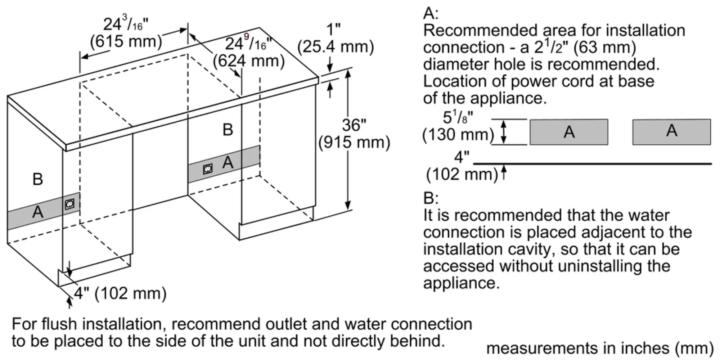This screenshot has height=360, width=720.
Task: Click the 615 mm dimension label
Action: [126, 42]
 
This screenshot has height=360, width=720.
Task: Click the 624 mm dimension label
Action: [249, 61]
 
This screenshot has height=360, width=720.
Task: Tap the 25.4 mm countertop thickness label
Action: [336, 47]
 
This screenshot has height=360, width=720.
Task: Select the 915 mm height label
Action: [354, 143]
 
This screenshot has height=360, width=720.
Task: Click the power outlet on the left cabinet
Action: [69, 204]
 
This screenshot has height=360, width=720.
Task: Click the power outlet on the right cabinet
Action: [208, 168]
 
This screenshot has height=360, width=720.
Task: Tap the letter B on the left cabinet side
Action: [38, 179]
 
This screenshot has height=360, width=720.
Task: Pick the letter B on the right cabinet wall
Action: [228, 130]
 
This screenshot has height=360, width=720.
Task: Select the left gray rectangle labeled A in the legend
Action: [569, 132]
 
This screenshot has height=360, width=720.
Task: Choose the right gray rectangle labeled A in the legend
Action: [672, 132]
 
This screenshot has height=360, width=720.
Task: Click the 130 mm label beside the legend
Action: [458, 135]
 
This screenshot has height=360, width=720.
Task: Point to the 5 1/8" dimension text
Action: [458, 117]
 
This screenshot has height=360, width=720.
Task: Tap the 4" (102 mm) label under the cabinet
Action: [120, 293]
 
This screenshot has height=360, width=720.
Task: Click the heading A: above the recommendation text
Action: [431, 14]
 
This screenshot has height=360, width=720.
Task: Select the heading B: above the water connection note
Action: [431, 198]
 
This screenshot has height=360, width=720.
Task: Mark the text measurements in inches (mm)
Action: [600, 348]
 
